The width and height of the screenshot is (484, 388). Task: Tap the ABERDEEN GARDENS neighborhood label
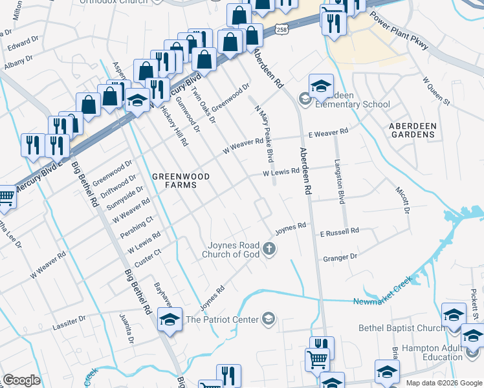412,129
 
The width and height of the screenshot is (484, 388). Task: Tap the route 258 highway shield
280,30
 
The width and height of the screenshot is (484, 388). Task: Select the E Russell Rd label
338,232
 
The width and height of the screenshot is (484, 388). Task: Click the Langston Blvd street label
338,181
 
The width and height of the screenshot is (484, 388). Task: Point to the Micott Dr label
402,200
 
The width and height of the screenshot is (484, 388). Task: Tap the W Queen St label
435,91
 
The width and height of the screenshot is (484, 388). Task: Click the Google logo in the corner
21,380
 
